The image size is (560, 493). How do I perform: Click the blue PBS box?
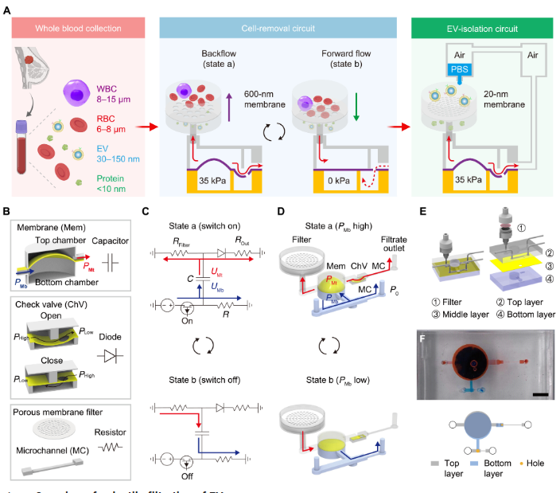(460, 69)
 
